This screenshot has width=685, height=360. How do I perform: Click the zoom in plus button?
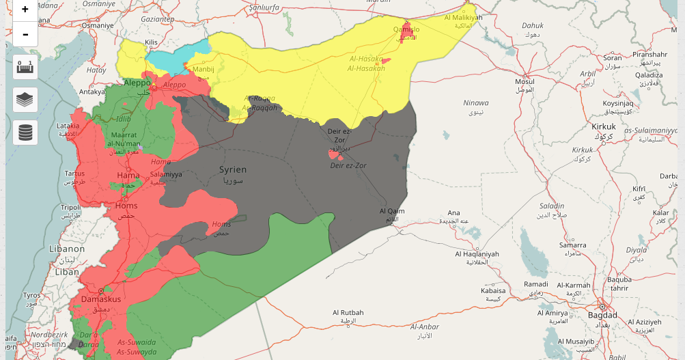click(x=25, y=10)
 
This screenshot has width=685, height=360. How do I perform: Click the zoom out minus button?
click(x=25, y=33)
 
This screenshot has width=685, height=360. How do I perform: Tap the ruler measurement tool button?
click(x=25, y=67)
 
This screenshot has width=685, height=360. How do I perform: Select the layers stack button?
click(x=25, y=100)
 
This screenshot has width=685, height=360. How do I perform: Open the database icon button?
click(x=25, y=132)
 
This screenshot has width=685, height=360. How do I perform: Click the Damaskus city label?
click(x=100, y=299)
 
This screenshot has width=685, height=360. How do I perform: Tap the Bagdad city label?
click(x=602, y=315)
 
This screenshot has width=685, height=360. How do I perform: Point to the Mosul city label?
click(x=525, y=82)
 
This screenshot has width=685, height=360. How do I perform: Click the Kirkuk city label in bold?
click(x=604, y=127)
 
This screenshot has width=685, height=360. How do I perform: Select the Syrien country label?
click(x=233, y=169)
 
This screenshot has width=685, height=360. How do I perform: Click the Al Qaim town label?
click(x=392, y=211)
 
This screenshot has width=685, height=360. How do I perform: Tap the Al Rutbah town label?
click(x=348, y=313)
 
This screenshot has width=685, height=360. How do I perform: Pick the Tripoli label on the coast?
click(x=70, y=207)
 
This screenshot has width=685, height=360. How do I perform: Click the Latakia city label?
click(x=68, y=126)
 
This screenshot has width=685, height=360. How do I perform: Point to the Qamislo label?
click(x=406, y=29)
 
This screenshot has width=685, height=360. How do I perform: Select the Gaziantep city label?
click(x=158, y=20)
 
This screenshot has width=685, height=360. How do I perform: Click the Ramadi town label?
click(x=535, y=284)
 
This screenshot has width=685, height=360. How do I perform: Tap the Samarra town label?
click(x=572, y=245)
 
